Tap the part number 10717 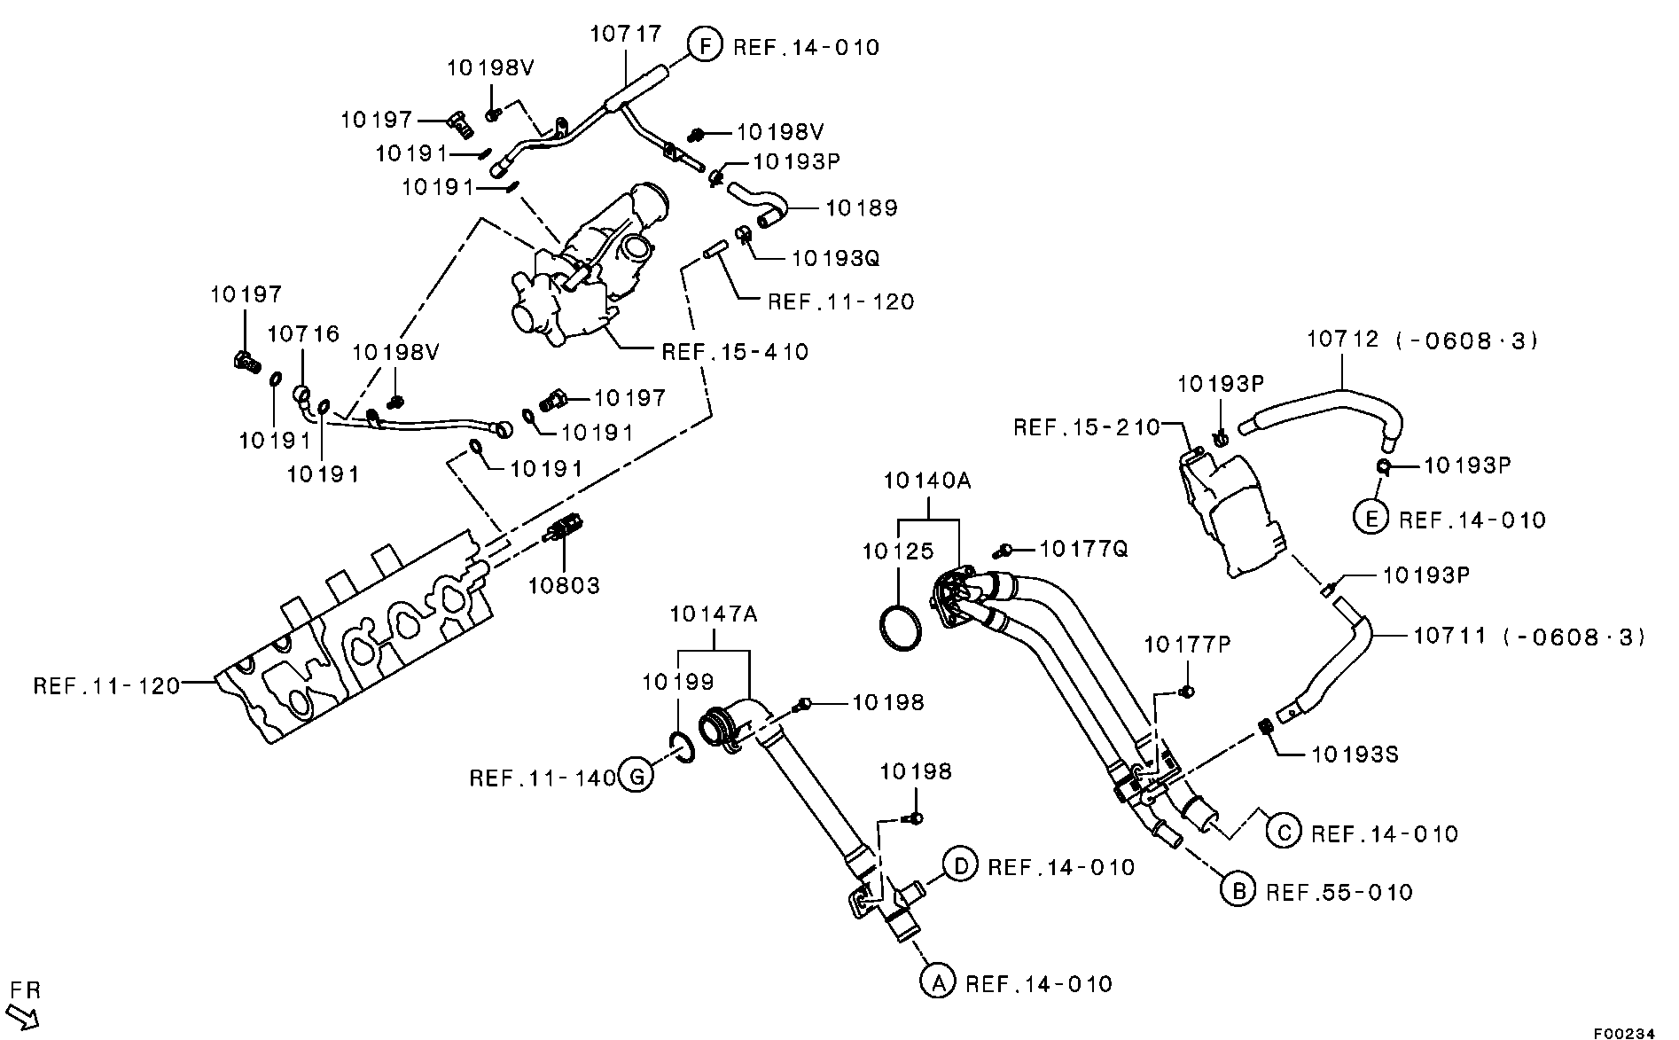click(x=626, y=34)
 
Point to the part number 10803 click(x=565, y=585)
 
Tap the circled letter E click(x=1371, y=519)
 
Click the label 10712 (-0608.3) click(x=1423, y=340)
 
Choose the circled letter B click(x=1238, y=889)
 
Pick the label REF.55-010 click(x=1339, y=891)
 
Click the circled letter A click(x=937, y=982)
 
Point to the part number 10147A click(x=714, y=613)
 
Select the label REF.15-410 click(x=735, y=352)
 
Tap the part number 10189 click(x=862, y=207)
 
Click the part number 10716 click(x=304, y=333)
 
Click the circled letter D click(x=959, y=864)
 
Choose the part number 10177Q click(x=1083, y=549)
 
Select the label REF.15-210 click(x=1086, y=427)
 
